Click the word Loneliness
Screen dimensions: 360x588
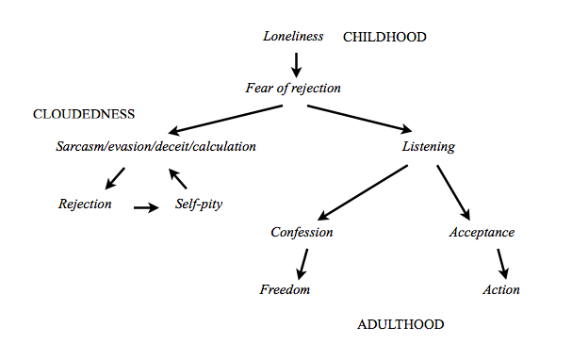click(x=293, y=37)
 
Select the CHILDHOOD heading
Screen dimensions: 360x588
click(x=384, y=38)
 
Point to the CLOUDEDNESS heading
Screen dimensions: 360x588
click(x=84, y=114)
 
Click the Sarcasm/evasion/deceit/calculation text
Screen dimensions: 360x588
click(x=155, y=147)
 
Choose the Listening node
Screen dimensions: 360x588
click(x=429, y=147)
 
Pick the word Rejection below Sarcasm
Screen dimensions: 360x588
click(x=85, y=204)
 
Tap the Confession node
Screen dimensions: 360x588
click(x=302, y=233)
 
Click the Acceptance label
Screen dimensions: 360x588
click(x=482, y=233)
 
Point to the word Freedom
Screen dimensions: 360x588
click(x=285, y=289)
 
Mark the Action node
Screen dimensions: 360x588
click(x=501, y=289)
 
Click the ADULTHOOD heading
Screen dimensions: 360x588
click(x=400, y=325)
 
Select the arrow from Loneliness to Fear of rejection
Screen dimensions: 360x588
click(x=297, y=64)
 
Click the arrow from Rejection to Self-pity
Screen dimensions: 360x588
click(x=147, y=206)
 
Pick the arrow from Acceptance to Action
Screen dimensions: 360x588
click(x=502, y=261)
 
